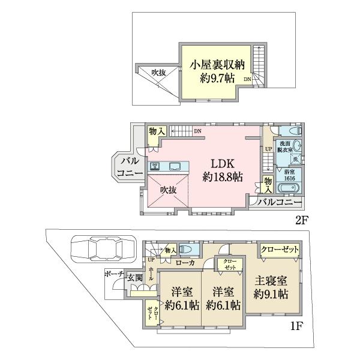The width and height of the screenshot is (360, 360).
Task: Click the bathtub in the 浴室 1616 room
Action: (288, 188)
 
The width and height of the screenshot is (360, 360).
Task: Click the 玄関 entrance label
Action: (134, 278)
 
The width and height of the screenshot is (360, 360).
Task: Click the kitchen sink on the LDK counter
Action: (177, 166)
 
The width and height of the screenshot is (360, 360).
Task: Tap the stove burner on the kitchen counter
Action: (155, 166)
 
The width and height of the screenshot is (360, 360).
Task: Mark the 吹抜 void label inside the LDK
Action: (168, 190)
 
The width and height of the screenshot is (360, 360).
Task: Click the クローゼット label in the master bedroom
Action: (280, 250)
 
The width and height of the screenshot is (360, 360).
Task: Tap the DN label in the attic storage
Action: (247, 79)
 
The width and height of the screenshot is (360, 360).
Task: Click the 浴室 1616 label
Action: (290, 173)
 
